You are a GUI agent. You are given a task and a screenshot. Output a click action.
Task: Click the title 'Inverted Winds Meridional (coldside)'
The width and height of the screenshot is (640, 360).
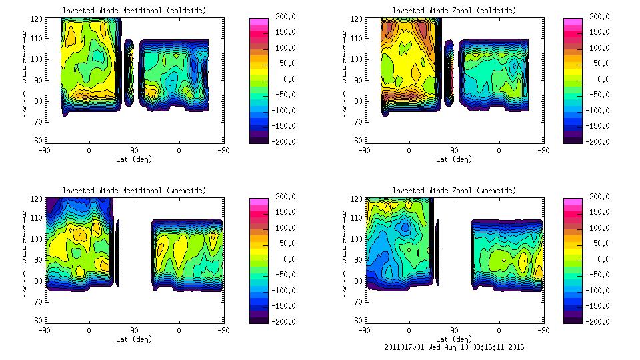coord(134,11)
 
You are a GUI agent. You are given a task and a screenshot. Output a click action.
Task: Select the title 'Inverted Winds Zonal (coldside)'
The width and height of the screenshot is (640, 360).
coord(454,11)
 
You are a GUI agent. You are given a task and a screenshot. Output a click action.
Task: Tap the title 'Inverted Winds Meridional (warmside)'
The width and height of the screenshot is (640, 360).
coord(134,191)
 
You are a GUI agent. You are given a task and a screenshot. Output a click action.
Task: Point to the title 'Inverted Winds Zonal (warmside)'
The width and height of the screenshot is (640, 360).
coord(454,191)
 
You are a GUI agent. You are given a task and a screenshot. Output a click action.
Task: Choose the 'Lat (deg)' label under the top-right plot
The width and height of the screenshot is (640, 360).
coord(454,159)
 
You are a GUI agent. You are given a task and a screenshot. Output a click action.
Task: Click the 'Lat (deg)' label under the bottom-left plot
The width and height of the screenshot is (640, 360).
coord(134,339)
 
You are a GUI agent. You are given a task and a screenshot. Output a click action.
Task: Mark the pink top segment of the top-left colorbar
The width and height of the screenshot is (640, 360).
coord(258,21)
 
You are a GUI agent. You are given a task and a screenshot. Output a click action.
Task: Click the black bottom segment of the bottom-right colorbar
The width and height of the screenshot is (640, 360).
coord(573,319)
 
